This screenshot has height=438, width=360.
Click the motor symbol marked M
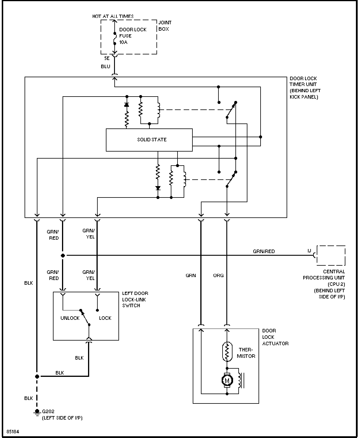coord(227,380)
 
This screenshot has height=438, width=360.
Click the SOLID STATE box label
coord(152,140)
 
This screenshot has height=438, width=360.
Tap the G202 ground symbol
coord(37,413)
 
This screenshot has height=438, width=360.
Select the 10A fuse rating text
coord(123,42)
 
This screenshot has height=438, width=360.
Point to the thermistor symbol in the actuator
coord(227,352)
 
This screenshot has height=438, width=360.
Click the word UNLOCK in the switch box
coord(70,318)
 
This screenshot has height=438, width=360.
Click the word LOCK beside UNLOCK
coord(105,318)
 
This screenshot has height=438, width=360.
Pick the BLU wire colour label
coord(106,66)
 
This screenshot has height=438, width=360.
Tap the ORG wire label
coord(218,275)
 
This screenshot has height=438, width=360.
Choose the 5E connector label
coord(107,58)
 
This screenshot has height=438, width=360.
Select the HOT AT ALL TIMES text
coord(113,16)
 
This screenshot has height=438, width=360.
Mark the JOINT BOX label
coord(165,26)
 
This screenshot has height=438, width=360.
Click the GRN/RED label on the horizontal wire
coord(264,251)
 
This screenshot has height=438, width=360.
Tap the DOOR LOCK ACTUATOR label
coord(275,337)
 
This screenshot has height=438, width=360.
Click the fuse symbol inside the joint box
coord(115,38)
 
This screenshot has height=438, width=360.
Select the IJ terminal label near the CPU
coord(309,251)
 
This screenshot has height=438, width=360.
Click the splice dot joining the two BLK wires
coord(37,376)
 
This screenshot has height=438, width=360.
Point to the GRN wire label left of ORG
coord(191,275)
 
